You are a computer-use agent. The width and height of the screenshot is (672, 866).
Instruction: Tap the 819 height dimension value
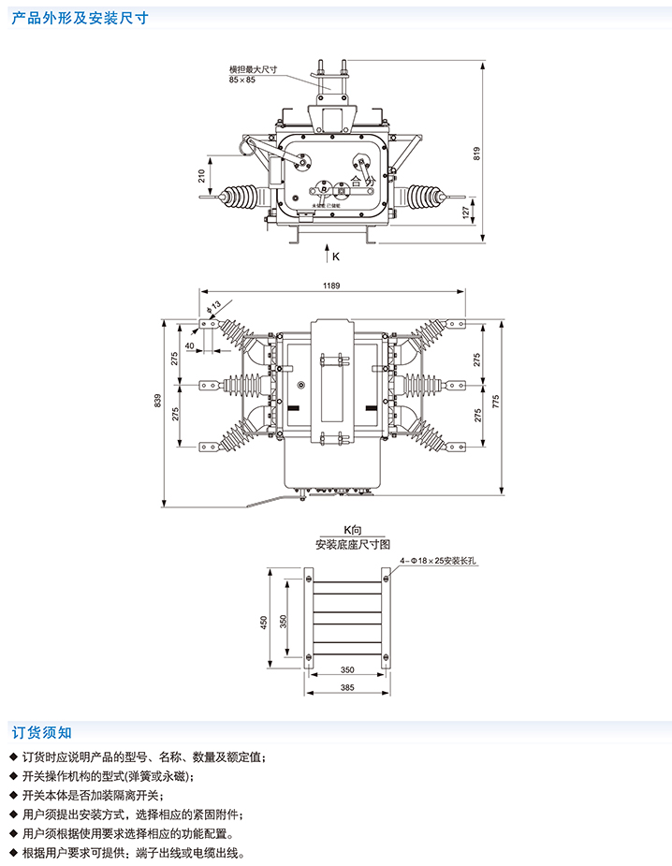coord(477,154)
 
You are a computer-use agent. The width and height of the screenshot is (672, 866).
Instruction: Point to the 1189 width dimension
coord(331,285)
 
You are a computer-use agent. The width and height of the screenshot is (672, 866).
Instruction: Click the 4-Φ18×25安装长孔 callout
coord(439,561)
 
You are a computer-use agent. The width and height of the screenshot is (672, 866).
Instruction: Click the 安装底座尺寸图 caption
coord(352,543)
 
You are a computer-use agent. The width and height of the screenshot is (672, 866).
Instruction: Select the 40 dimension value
coord(190,345)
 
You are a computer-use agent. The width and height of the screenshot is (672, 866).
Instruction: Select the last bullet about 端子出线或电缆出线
coord(131,853)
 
